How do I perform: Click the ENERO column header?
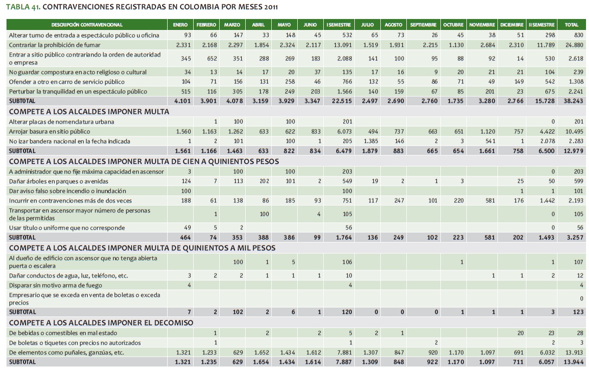(x=180, y=24)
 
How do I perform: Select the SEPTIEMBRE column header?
(x=423, y=24)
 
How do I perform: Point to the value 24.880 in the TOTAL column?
(x=571, y=45)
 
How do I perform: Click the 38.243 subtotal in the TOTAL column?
(x=570, y=100)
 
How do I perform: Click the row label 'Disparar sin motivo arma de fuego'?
(x=56, y=285)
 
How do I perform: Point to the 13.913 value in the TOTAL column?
(x=570, y=352)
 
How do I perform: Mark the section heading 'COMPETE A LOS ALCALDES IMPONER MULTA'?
(x=89, y=111)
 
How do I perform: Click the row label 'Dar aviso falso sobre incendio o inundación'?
(x=67, y=191)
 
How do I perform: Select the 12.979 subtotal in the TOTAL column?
(x=570, y=151)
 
